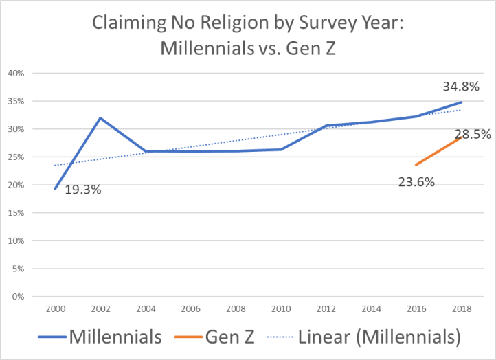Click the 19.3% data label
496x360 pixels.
[83, 190]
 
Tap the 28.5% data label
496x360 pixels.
[473, 135]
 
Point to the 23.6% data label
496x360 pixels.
[416, 182]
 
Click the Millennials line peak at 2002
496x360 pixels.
[101, 118]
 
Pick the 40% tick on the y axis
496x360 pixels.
[16, 73]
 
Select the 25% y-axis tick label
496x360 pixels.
[16, 157]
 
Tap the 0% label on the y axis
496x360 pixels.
[19, 297]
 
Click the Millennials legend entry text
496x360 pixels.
[114, 337]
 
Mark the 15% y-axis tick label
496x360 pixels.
[16, 213]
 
